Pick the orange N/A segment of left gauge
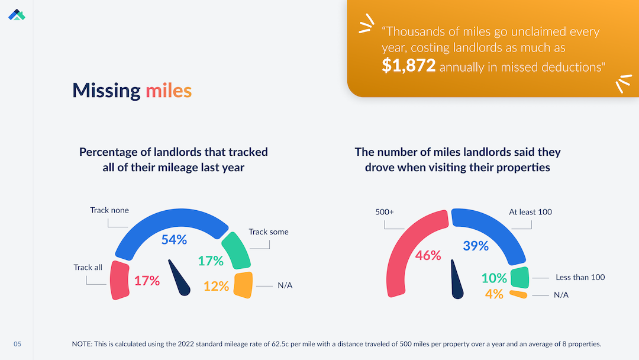tap(243, 285)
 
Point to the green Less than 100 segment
tap(519, 277)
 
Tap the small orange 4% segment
tap(518, 294)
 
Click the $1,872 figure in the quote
tap(408, 66)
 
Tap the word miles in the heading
tap(169, 91)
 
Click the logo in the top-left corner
tap(17, 14)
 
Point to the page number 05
tap(17, 344)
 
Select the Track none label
tap(109, 210)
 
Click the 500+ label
tap(385, 211)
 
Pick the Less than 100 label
tap(580, 277)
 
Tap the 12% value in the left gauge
tap(216, 287)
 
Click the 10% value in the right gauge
tap(494, 278)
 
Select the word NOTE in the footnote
tap(82, 344)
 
